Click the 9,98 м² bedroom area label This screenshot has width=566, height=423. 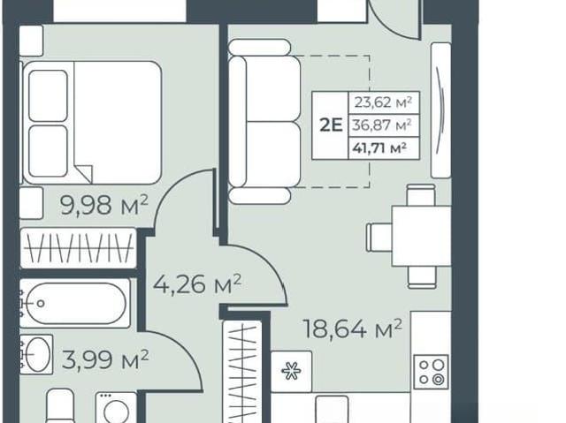104,205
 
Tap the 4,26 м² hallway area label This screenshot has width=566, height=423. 197,283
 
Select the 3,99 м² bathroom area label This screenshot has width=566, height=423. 105,359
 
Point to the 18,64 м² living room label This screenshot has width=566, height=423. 353,329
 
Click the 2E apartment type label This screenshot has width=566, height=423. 331,125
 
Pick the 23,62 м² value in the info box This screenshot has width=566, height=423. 383,102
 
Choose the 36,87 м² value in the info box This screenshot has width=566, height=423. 382,125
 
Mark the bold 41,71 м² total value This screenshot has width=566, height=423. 379,147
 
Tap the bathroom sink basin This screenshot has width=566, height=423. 37,354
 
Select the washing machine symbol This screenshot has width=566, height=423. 116,408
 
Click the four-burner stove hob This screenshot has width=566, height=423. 432,372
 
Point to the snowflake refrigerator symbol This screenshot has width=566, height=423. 292,371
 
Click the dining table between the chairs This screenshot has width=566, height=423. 421,236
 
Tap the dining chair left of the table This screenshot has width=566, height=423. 379,237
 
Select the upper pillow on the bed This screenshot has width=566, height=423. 48,95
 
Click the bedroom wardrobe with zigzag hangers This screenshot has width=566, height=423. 79,248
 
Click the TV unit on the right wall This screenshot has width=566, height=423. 441,110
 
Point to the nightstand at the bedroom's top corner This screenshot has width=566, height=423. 31,41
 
